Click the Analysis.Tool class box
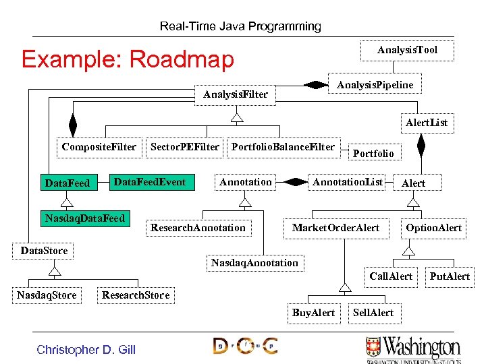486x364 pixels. [407, 51]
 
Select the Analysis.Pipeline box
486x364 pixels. [375, 84]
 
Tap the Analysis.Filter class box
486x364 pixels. [236, 94]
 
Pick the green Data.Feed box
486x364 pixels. [67, 183]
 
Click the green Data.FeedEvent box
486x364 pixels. [150, 182]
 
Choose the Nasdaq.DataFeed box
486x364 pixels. [85, 218]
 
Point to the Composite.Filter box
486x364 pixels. [99, 147]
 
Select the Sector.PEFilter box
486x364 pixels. [184, 147]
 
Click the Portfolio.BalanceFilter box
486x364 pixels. [283, 147]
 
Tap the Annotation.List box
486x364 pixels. [347, 182]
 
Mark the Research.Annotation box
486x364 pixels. [198, 228]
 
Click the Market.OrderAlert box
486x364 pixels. [335, 228]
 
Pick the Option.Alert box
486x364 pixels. [433, 228]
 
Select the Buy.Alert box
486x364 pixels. [313, 313]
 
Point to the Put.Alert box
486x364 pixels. [450, 276]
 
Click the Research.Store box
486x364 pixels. [136, 295]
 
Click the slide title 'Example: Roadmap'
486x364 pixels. [128, 59]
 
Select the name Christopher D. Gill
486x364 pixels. [86, 349]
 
